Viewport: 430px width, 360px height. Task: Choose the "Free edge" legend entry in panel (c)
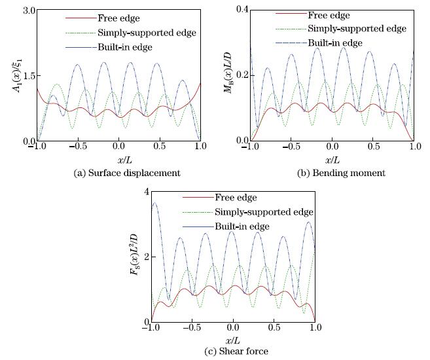click(243, 198)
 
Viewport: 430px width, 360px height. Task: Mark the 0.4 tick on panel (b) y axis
click(242, 11)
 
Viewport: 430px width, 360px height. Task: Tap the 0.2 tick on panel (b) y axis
click(242, 76)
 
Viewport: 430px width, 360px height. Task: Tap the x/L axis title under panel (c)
click(232, 340)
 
